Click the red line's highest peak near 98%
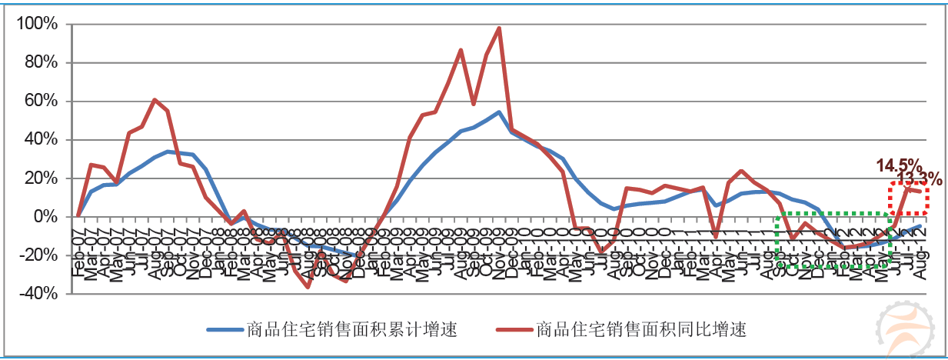tap(499, 28)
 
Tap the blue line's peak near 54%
tap(499, 112)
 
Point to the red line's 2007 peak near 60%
tap(155, 100)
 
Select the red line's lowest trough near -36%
tap(308, 287)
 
